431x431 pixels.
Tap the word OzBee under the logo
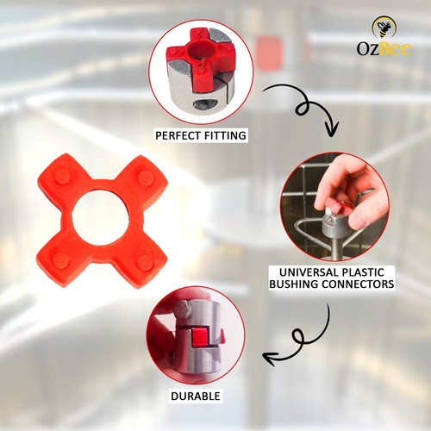[x=384, y=48]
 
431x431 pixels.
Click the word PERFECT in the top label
[x=177, y=135]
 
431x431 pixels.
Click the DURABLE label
[x=195, y=397]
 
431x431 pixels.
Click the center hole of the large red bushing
[x=100, y=220]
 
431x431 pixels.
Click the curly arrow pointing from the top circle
[x=302, y=108]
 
